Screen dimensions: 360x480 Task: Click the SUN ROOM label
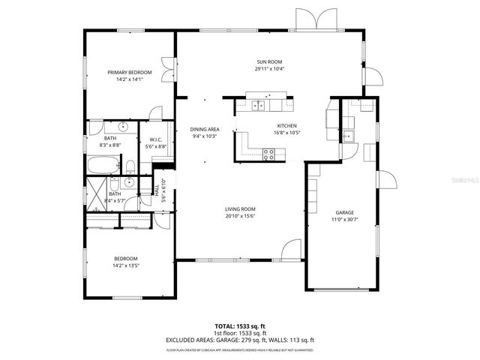[x=268, y=61]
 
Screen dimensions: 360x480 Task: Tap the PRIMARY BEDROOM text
[x=129, y=73]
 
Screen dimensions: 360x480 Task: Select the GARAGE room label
[x=344, y=212]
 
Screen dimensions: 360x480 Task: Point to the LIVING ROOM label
[x=241, y=209]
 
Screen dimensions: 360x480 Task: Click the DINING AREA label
[x=204, y=129]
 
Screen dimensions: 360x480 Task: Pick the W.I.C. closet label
[x=156, y=140]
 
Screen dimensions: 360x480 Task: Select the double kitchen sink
[x=260, y=106]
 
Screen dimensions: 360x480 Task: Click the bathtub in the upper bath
[x=102, y=165]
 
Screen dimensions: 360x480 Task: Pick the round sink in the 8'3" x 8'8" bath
[x=124, y=127]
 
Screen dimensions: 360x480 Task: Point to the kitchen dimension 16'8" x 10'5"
[x=287, y=133]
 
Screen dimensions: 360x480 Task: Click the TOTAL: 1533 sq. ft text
[x=240, y=326]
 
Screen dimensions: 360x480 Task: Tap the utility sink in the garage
[x=349, y=136]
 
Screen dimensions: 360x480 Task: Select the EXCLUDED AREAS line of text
[x=240, y=340]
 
